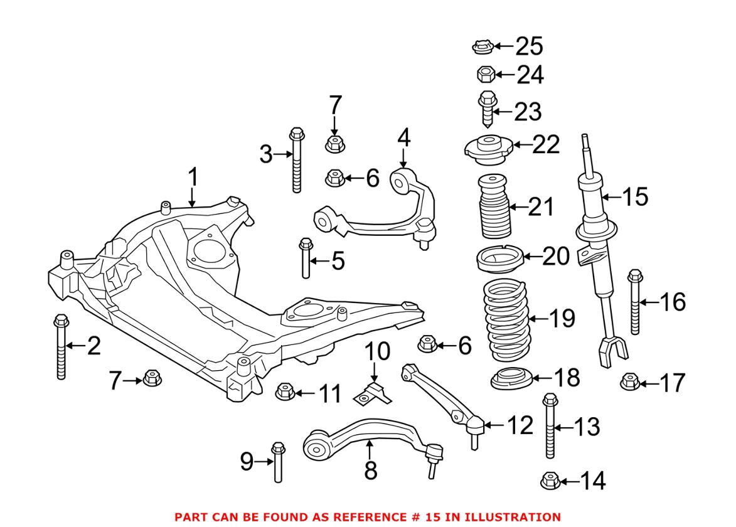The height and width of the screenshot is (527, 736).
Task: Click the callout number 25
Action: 529,46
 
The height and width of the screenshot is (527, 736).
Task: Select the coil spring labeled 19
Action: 506,320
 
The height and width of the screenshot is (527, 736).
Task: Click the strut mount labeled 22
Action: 486,146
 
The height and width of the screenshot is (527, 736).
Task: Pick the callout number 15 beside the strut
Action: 634,196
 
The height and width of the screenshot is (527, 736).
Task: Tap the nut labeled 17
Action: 629,381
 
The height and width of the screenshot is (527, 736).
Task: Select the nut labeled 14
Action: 549,481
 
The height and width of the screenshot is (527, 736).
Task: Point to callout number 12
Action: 520,425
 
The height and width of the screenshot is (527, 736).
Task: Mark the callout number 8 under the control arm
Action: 370,470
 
